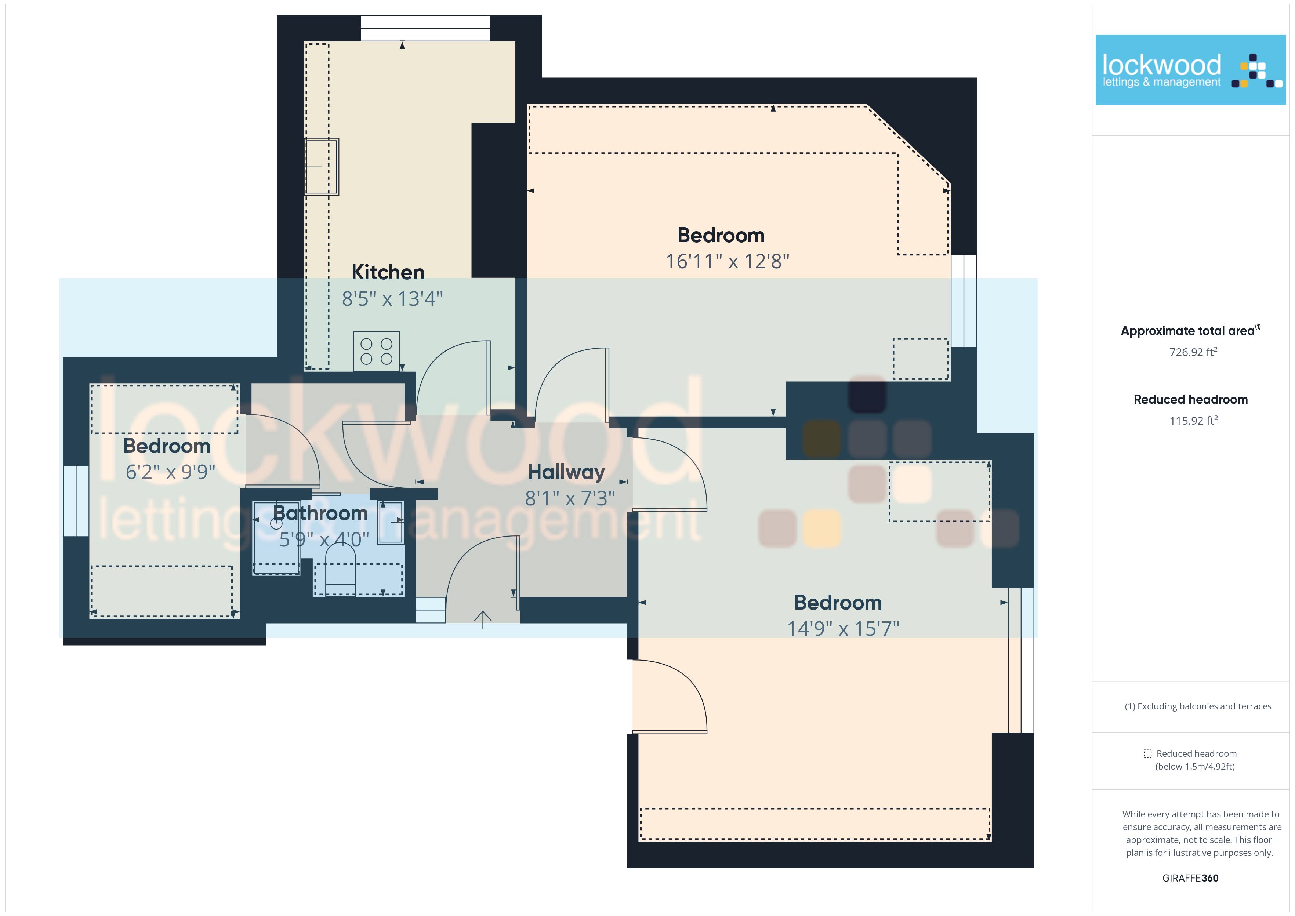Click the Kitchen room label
388,272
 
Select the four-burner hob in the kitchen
376,352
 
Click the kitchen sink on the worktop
322,167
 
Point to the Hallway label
566,472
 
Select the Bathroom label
320,513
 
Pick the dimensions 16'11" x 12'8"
727,262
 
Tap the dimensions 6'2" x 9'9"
170,472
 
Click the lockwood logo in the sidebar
1191,70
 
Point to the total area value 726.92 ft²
1193,352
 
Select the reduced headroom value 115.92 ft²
1193,421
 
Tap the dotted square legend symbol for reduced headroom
1147,753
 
